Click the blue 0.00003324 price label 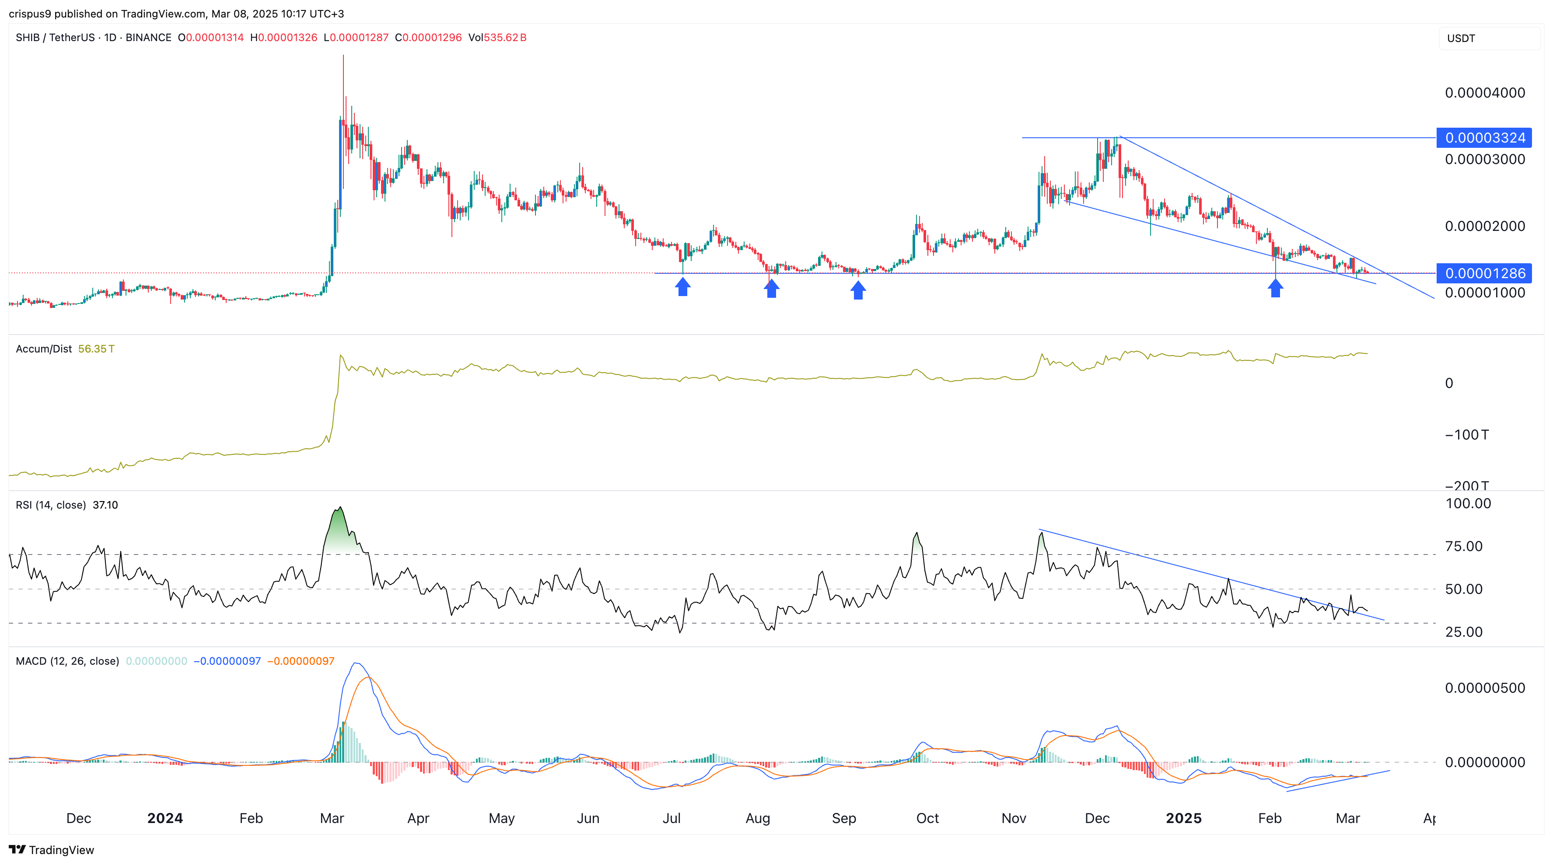(x=1484, y=138)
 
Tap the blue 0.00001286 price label (x=1484, y=274)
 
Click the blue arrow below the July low (x=682, y=287)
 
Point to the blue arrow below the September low (x=858, y=289)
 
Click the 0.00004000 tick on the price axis (x=1484, y=93)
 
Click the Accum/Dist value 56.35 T (x=96, y=349)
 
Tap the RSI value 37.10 (x=105, y=505)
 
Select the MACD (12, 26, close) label (x=67, y=661)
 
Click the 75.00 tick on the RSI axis (x=1464, y=546)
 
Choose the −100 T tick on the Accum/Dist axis (x=1466, y=435)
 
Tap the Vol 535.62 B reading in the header (x=497, y=37)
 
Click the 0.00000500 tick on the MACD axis (x=1484, y=688)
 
